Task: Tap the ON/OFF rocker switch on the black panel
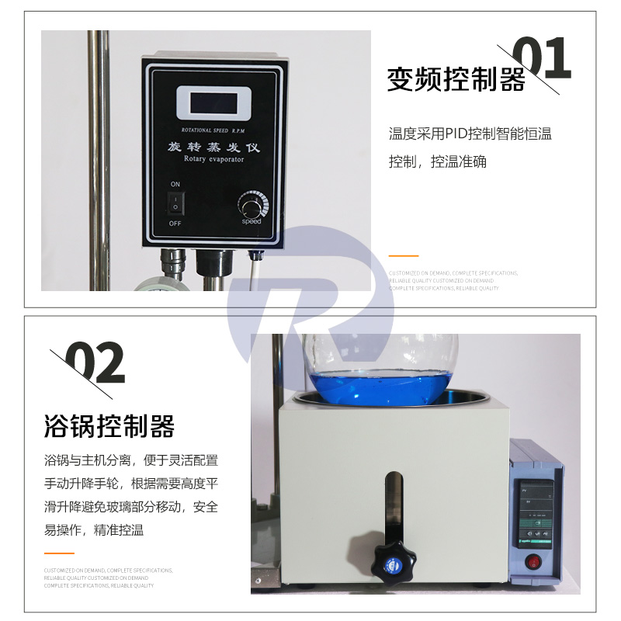click(x=175, y=204)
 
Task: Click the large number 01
click(x=543, y=61)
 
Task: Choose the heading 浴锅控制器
click(x=109, y=425)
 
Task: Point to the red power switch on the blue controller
click(x=533, y=560)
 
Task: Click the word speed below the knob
click(x=252, y=222)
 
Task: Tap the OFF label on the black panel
click(x=175, y=224)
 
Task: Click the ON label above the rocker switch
click(x=175, y=184)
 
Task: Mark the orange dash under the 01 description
click(x=403, y=255)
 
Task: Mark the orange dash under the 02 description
click(x=59, y=553)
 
